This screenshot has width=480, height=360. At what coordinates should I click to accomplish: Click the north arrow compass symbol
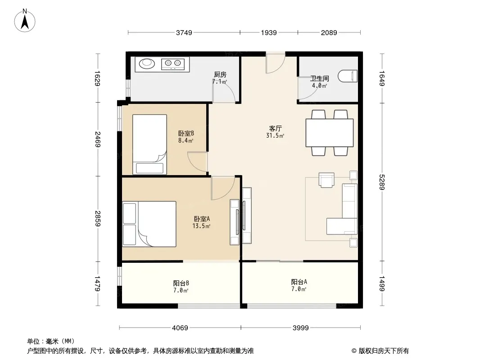tap(25, 21)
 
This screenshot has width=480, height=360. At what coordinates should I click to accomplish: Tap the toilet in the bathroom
tap(348, 76)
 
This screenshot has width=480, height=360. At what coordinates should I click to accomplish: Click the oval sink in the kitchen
tap(147, 63)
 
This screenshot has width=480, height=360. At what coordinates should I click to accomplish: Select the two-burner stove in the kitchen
tap(173, 63)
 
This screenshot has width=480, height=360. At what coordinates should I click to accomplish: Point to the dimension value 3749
tap(184, 33)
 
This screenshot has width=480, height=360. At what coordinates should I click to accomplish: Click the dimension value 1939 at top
tap(269, 33)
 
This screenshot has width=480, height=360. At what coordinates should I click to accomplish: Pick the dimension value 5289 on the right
tap(381, 182)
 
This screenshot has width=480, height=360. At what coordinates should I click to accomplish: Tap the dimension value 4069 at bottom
tap(180, 328)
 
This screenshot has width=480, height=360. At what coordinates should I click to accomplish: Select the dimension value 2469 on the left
tap(98, 139)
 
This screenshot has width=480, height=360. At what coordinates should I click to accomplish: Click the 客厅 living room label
tap(275, 128)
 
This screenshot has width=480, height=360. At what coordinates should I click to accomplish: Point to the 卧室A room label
tap(202, 219)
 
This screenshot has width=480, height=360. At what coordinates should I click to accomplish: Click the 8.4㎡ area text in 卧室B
tap(186, 141)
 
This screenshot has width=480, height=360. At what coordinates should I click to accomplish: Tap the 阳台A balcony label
tap(299, 282)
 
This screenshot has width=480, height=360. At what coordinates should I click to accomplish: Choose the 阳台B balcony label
tap(181, 283)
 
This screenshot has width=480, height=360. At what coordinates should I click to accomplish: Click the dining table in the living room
tap(330, 133)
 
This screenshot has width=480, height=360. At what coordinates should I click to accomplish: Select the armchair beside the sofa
tap(326, 180)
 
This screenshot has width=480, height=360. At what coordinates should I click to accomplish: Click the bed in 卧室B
tap(149, 144)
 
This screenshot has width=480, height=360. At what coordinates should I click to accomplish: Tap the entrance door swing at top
tap(275, 63)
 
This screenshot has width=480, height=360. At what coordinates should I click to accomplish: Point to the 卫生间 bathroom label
tap(319, 79)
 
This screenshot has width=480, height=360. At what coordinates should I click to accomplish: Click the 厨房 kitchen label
tap(220, 74)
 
